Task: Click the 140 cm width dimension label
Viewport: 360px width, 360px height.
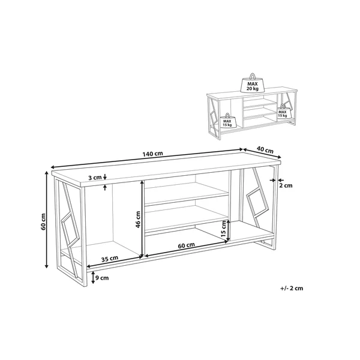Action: [152, 154]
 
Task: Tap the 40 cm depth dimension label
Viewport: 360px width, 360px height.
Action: [265, 150]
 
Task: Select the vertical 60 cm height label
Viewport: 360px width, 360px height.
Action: [44, 222]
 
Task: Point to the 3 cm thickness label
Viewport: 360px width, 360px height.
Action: [95, 178]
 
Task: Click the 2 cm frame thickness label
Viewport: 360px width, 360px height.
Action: [286, 185]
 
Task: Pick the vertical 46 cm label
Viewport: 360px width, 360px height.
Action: [138, 219]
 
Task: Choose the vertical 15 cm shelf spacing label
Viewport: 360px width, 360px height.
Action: [223, 230]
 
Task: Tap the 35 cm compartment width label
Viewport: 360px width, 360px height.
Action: [110, 259]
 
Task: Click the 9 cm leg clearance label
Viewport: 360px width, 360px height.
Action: [102, 278]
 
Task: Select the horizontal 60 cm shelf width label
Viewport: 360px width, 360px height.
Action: [187, 245]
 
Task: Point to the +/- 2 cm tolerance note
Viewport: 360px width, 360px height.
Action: [292, 288]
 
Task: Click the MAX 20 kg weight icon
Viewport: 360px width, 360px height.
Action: [253, 83]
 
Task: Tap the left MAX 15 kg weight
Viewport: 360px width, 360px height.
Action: [227, 121]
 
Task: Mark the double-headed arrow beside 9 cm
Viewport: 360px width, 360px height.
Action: [92, 277]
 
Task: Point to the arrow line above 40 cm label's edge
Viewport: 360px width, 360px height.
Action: [262, 154]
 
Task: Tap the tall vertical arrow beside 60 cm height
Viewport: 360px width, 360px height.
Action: [47, 220]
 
